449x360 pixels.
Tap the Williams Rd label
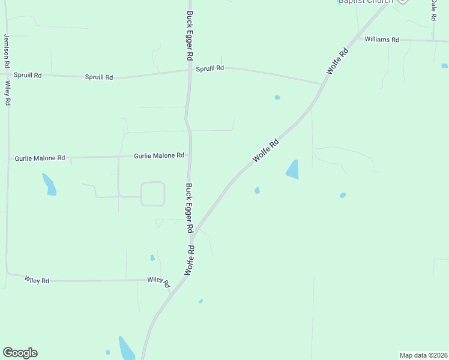coord(382,40)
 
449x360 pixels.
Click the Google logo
coord(20,353)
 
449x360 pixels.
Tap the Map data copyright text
coord(423,355)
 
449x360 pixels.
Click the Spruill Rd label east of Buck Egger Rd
coord(209,68)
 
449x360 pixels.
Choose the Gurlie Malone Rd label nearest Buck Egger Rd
coord(159,155)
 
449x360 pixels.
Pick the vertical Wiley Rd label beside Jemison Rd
coord(8,94)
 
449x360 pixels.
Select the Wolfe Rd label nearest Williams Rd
coord(337,62)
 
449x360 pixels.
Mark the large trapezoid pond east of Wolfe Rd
coord(292,169)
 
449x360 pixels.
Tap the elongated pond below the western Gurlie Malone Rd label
coord(49,184)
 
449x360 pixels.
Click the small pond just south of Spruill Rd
coord(277,97)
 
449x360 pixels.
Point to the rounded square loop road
coord(152,194)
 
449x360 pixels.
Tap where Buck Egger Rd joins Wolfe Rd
coord(192,236)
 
